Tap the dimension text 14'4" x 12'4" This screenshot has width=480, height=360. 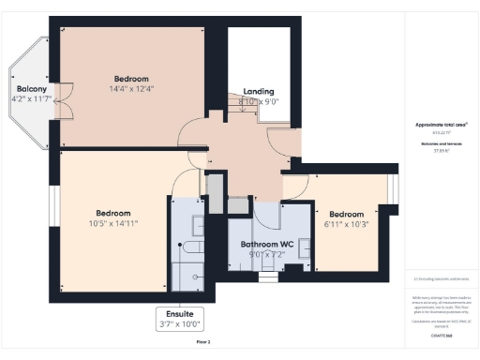132,89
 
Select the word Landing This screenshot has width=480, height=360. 259,91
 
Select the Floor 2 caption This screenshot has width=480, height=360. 203,343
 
